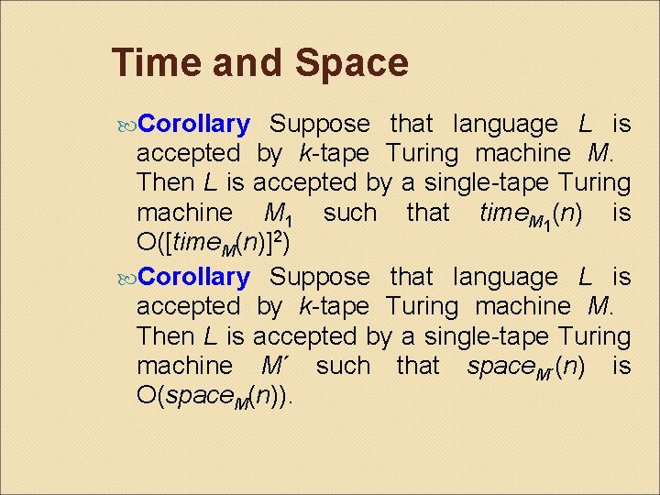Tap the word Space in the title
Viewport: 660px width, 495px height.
(352, 64)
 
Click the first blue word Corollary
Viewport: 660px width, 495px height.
(195, 124)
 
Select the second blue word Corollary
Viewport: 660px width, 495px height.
(195, 276)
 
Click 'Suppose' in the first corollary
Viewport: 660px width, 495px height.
(321, 124)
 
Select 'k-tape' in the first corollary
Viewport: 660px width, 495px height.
(334, 153)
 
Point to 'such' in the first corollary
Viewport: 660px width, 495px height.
(349, 214)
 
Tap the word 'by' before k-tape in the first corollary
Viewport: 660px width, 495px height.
(269, 153)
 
